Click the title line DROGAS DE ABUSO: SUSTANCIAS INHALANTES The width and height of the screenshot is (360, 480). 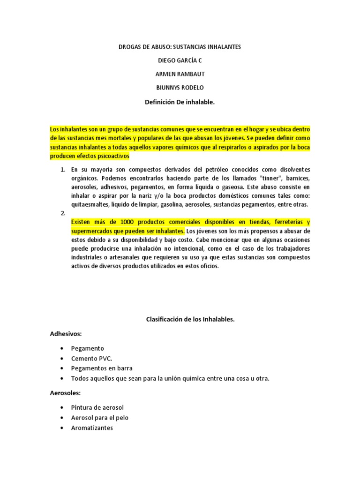(180, 47)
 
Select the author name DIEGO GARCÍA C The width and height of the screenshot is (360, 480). (180, 60)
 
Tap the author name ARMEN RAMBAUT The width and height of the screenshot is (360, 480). (180, 74)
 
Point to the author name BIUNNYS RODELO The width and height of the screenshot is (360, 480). (180, 88)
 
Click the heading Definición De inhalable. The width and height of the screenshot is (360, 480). (180, 101)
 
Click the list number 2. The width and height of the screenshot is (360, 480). (63, 213)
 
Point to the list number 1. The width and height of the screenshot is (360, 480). (63, 169)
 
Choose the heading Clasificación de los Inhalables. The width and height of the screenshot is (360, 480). (190, 319)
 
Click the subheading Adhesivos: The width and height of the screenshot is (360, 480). (66, 334)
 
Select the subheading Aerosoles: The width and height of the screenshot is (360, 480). (66, 393)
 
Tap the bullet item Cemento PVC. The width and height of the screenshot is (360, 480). (91, 358)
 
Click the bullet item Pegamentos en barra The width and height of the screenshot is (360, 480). (102, 368)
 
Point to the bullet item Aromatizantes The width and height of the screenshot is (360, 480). (92, 427)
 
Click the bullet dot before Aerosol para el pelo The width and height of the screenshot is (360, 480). (62, 418)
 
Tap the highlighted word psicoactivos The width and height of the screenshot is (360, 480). (111, 156)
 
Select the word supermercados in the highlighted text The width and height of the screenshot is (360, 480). (94, 231)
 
